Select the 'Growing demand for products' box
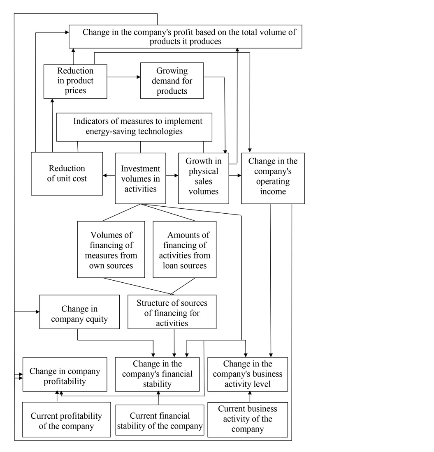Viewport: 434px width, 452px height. (172, 81)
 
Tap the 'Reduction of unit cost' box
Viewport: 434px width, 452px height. (67, 173)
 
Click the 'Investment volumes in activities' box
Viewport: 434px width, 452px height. (140, 178)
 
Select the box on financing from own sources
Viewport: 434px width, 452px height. (111, 250)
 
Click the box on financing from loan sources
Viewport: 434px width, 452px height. (185, 250)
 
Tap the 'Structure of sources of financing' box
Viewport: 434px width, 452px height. (172, 312)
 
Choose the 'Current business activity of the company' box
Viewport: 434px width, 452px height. (248, 419)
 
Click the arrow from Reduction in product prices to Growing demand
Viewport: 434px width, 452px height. (123, 77)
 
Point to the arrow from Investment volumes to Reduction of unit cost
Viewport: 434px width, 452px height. (109, 176)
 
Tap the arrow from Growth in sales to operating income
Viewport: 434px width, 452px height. (235, 176)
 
